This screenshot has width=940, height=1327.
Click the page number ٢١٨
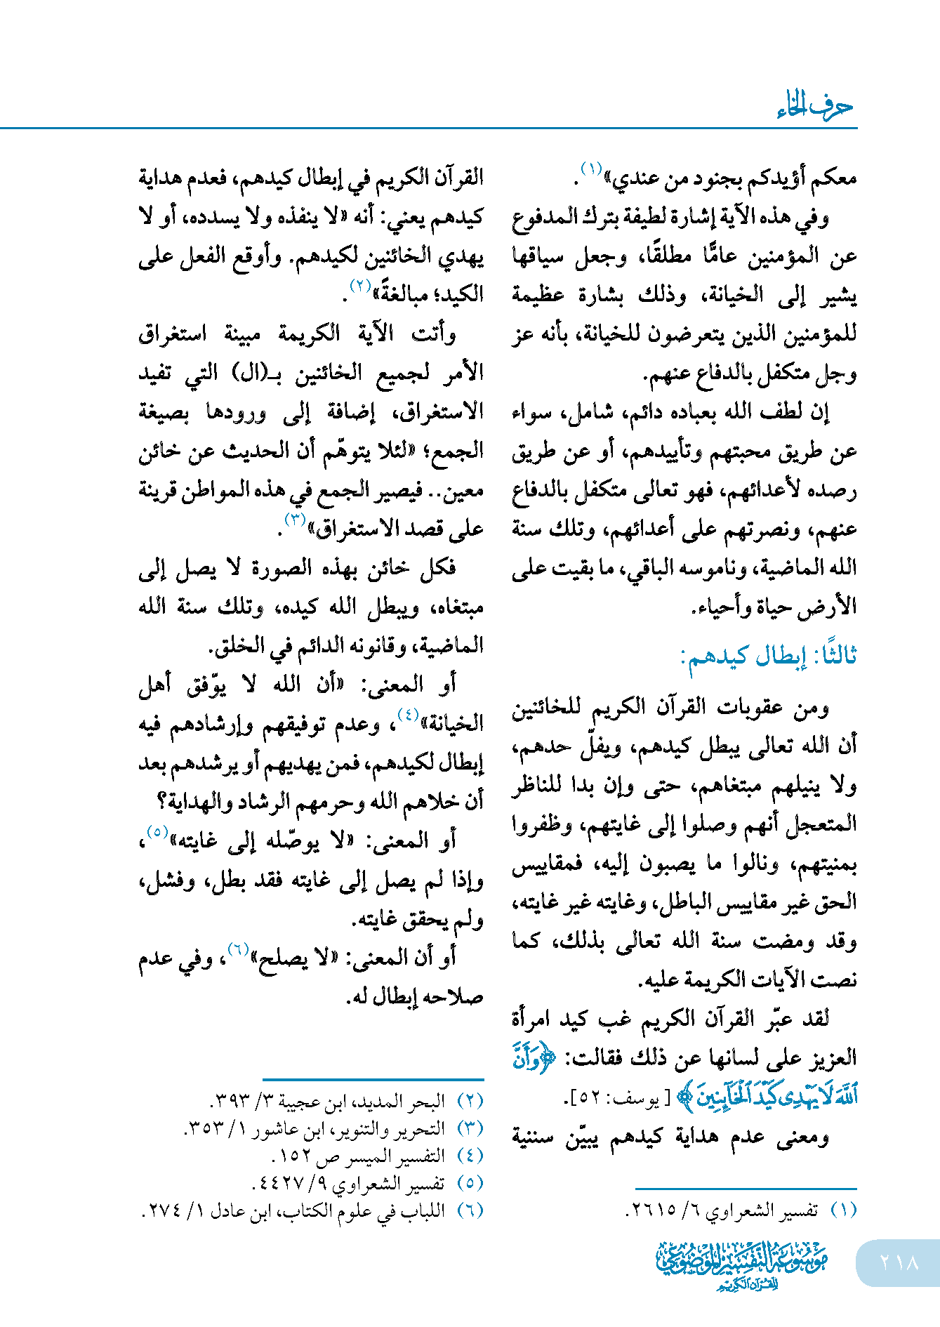click(x=899, y=1262)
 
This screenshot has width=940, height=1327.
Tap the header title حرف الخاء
click(x=814, y=107)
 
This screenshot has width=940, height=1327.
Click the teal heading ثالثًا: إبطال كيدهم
click(x=769, y=656)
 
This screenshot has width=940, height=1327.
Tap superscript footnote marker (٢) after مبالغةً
click(x=360, y=286)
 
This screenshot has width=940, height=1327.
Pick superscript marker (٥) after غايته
click(x=156, y=833)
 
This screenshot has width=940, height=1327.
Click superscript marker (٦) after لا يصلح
click(x=239, y=949)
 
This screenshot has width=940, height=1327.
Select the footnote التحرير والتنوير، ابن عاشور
click(x=316, y=1128)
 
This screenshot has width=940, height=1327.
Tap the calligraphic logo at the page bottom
click(x=742, y=1264)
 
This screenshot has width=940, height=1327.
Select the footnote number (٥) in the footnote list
click(x=470, y=1183)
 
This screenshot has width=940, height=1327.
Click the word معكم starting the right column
click(x=833, y=179)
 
